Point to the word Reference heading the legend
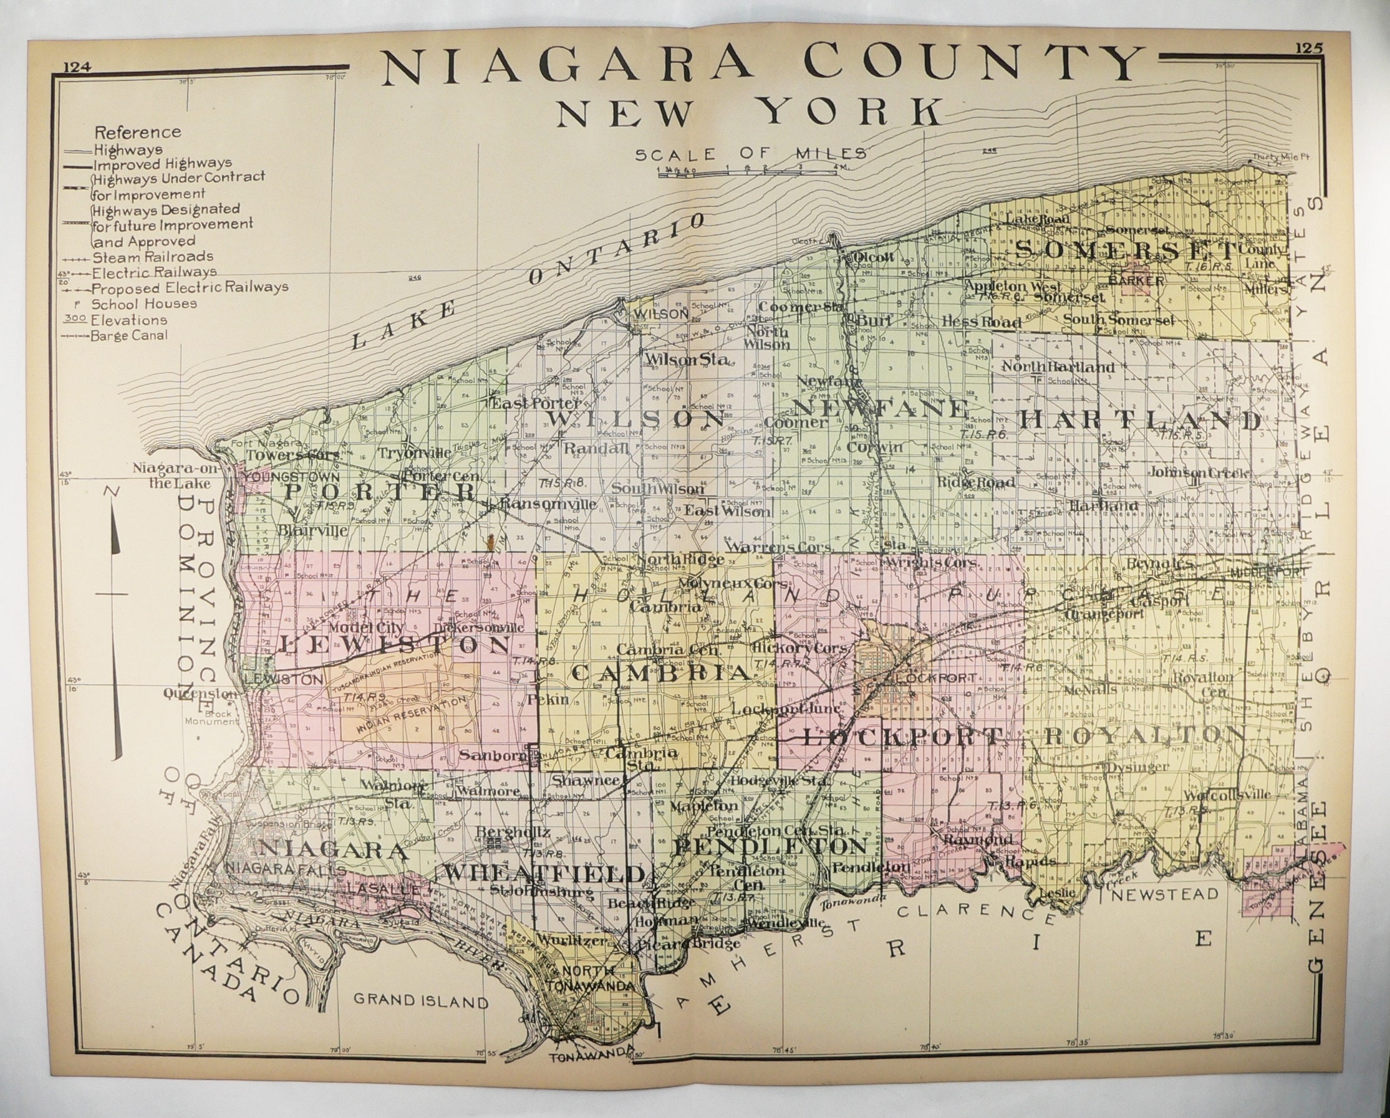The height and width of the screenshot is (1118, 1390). (x=137, y=133)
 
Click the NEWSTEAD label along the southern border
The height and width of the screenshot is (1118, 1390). (x=1164, y=895)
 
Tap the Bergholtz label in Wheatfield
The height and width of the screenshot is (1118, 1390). (x=513, y=832)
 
